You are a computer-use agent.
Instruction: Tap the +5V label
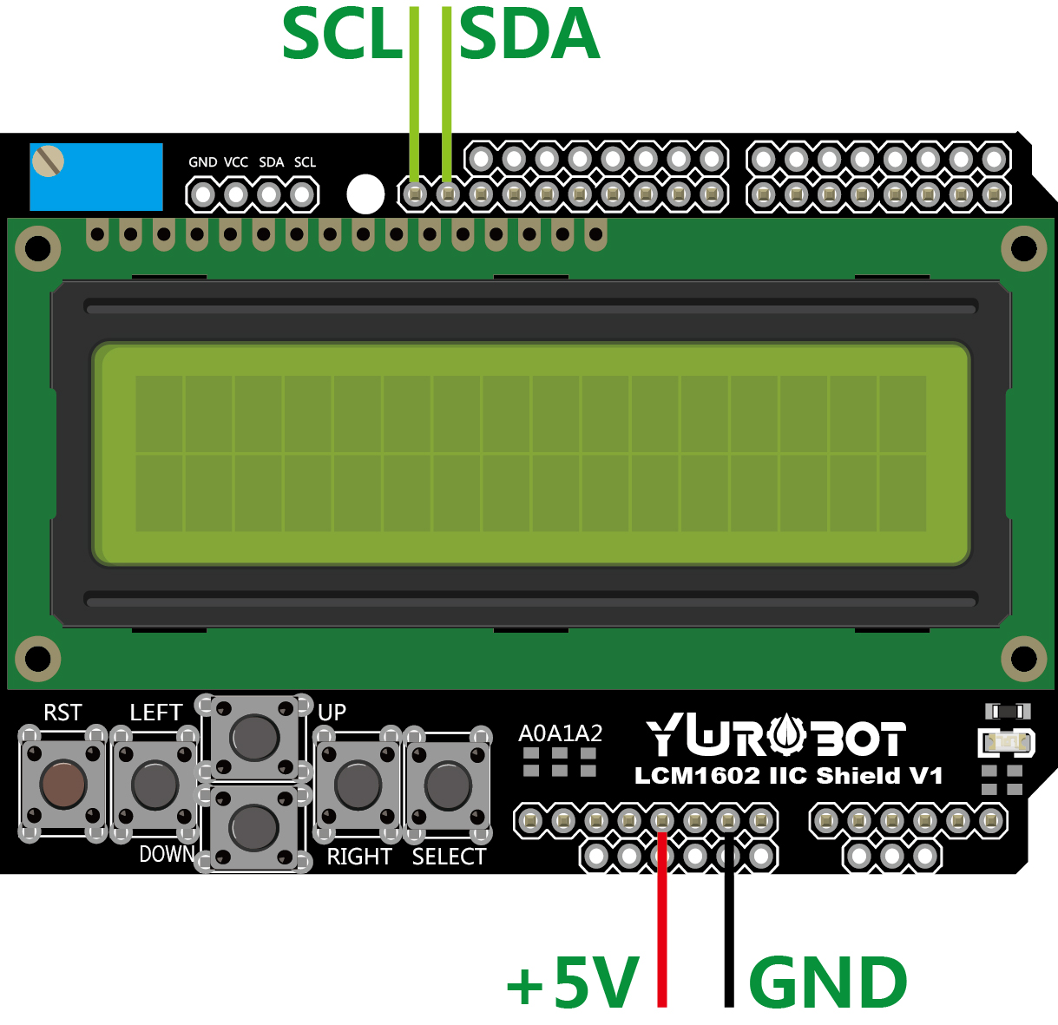[574, 983]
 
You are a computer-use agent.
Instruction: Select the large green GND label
[827, 983]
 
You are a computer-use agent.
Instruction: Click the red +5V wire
[662, 920]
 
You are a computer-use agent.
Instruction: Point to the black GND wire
[729, 920]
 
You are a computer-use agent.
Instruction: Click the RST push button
[63, 784]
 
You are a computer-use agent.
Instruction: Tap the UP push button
[254, 736]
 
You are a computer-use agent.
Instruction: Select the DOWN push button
[254, 826]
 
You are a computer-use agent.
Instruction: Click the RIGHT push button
[358, 784]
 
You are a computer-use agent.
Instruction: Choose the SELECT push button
[448, 784]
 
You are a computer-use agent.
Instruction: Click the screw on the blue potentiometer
[48, 161]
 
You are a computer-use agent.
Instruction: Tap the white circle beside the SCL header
[365, 194]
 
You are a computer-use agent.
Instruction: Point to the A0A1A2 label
[560, 733]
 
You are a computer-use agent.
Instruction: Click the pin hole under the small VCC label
[236, 195]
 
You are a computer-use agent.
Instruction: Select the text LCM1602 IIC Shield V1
[788, 775]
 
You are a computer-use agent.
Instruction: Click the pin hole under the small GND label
[203, 195]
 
